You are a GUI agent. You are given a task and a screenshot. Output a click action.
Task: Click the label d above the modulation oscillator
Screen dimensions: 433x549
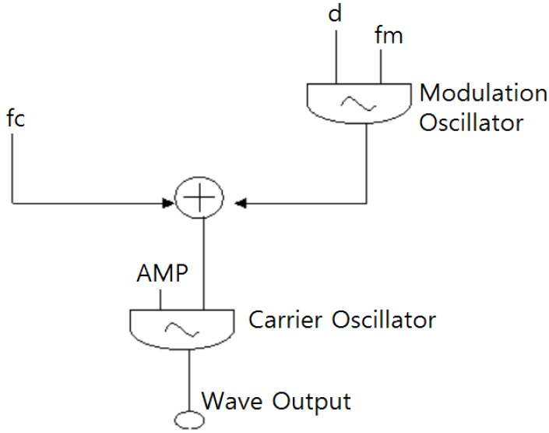tap(336, 15)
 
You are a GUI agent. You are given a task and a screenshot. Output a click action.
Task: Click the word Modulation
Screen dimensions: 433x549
tap(483, 94)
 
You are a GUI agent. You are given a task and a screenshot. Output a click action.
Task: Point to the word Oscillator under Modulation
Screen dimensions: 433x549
tap(472, 122)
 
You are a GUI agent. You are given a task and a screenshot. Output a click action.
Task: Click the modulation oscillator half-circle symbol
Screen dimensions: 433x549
tap(357, 102)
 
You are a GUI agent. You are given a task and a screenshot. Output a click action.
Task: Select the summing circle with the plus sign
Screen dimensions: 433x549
tap(200, 199)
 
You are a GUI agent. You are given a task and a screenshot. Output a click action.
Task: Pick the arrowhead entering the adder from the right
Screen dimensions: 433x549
tap(240, 204)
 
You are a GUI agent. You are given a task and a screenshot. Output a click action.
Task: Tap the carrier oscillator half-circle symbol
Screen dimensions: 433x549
tap(181, 328)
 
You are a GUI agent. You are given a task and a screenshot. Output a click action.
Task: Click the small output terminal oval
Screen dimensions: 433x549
tap(188, 421)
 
